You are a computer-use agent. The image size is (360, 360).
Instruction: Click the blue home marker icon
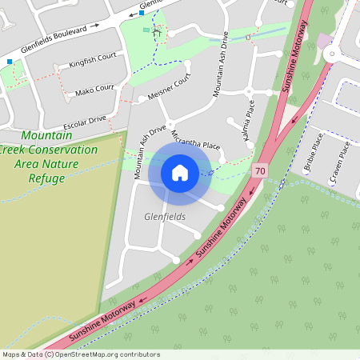[180, 173]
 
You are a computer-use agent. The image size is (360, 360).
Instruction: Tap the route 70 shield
[258, 171]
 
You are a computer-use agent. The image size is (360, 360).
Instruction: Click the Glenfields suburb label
[165, 217]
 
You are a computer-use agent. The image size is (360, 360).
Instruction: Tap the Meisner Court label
[170, 88]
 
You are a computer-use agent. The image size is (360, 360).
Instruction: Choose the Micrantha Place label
[194, 140]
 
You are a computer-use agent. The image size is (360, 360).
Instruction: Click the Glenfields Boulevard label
[54, 39]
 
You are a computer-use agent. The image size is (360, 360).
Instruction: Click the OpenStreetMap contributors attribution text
[81, 354]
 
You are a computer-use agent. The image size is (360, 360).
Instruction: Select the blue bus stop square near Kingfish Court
[10, 61]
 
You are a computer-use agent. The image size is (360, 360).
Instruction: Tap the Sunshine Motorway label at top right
[294, 48]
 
